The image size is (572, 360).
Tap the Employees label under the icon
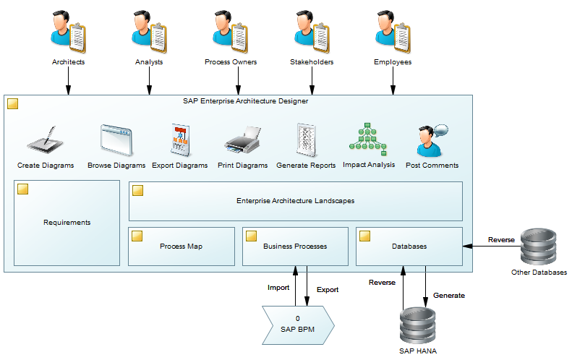[393, 62]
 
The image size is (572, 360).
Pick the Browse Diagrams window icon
[116, 140]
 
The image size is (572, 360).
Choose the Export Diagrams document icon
[179, 140]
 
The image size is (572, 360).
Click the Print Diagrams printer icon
[242, 140]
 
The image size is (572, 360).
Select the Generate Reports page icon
[306, 140]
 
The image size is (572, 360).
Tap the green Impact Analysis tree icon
[369, 138]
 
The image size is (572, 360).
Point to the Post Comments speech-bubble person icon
[432, 140]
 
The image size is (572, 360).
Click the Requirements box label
[67, 223]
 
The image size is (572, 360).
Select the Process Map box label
[181, 247]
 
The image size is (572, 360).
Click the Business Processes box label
[295, 247]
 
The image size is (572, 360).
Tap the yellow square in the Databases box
[365, 236]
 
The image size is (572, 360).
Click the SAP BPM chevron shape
[298, 323]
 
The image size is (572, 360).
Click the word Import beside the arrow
[278, 288]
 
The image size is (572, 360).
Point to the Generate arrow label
[449, 295]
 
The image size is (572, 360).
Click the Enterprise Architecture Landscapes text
[295, 201]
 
